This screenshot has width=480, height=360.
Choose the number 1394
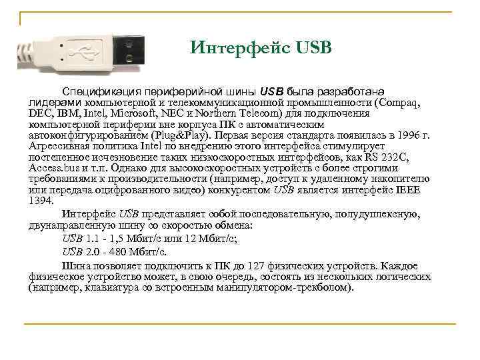[x=40, y=201]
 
